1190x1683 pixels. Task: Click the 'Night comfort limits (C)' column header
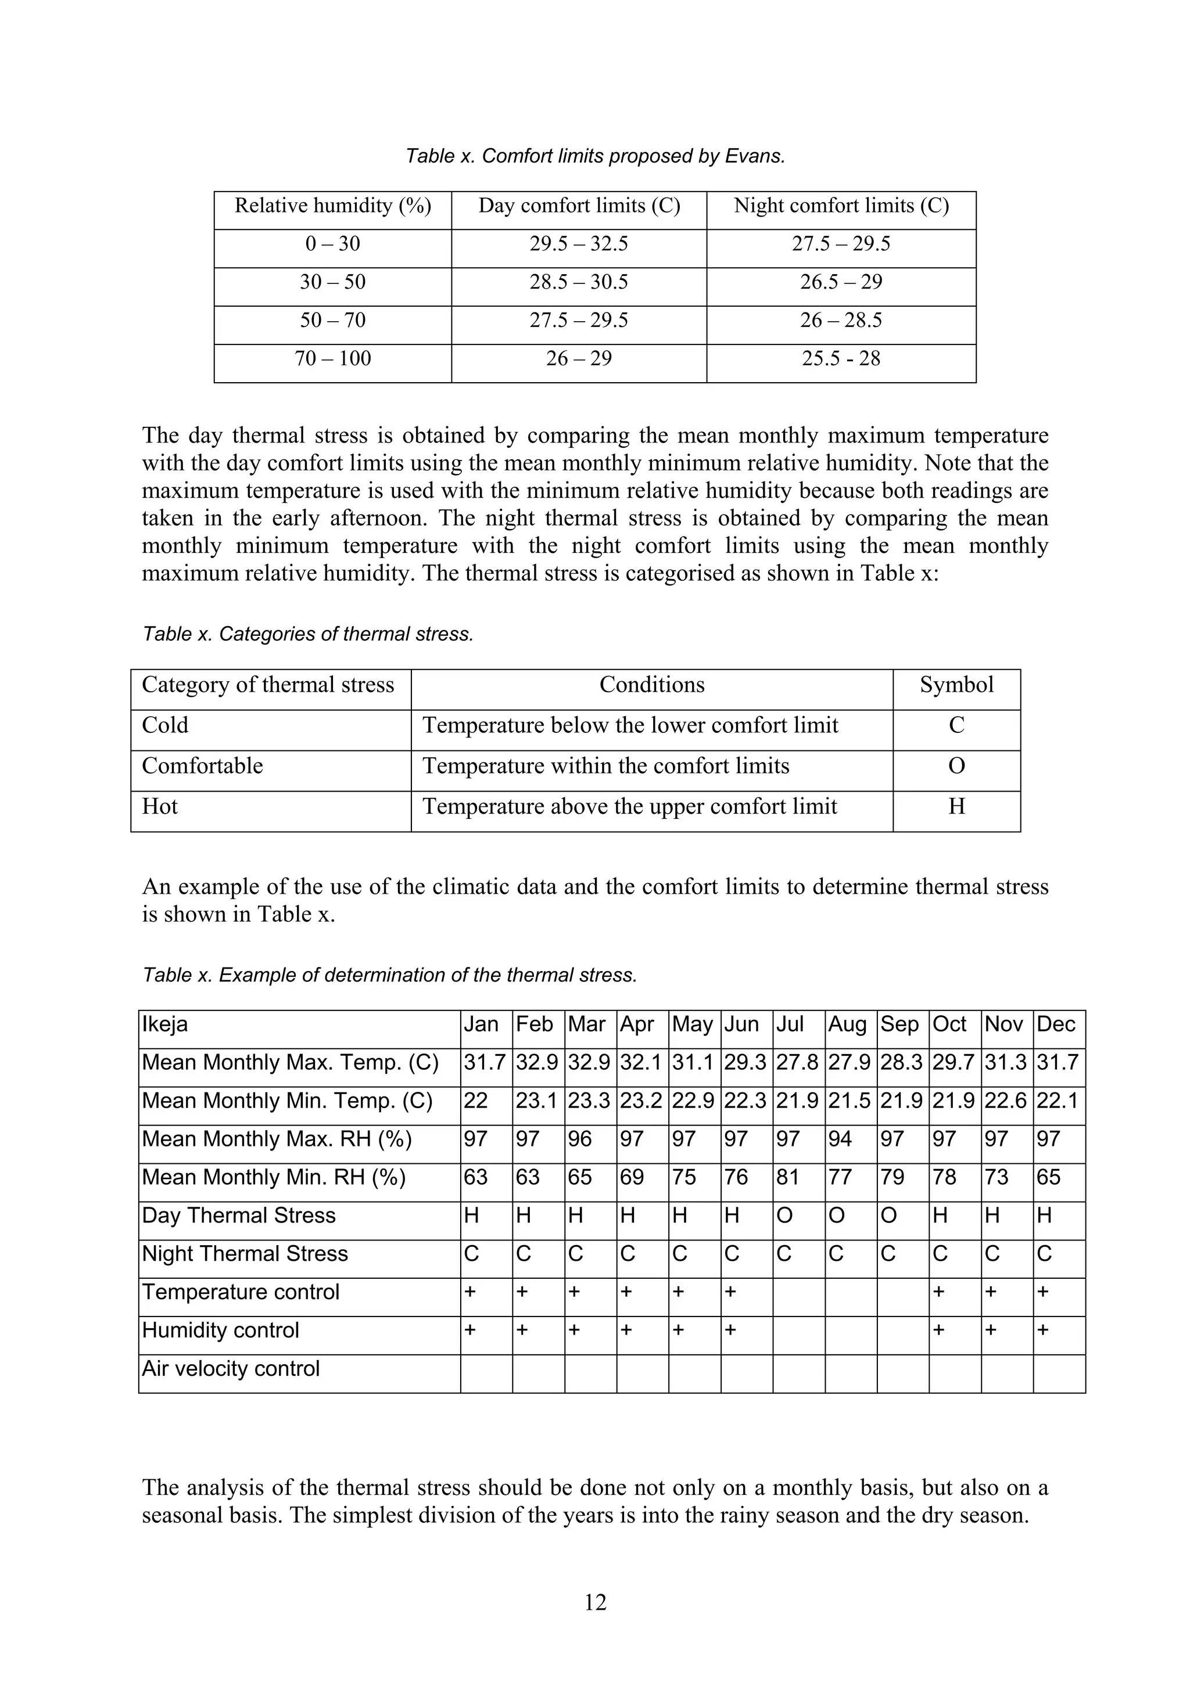841,206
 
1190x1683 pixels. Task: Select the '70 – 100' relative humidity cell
333,358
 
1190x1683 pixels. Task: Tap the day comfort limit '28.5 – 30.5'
579,282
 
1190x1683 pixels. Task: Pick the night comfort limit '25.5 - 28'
841,358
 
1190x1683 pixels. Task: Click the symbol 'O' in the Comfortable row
956,766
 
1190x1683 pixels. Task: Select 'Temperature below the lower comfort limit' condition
630,726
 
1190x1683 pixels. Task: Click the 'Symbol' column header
956,685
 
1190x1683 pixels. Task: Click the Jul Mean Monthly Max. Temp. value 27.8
797,1062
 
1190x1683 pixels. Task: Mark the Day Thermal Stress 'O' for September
888,1215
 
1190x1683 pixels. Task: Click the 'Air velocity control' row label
231,1369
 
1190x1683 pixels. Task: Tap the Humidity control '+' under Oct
939,1330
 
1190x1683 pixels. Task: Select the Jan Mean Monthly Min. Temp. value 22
476,1101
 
